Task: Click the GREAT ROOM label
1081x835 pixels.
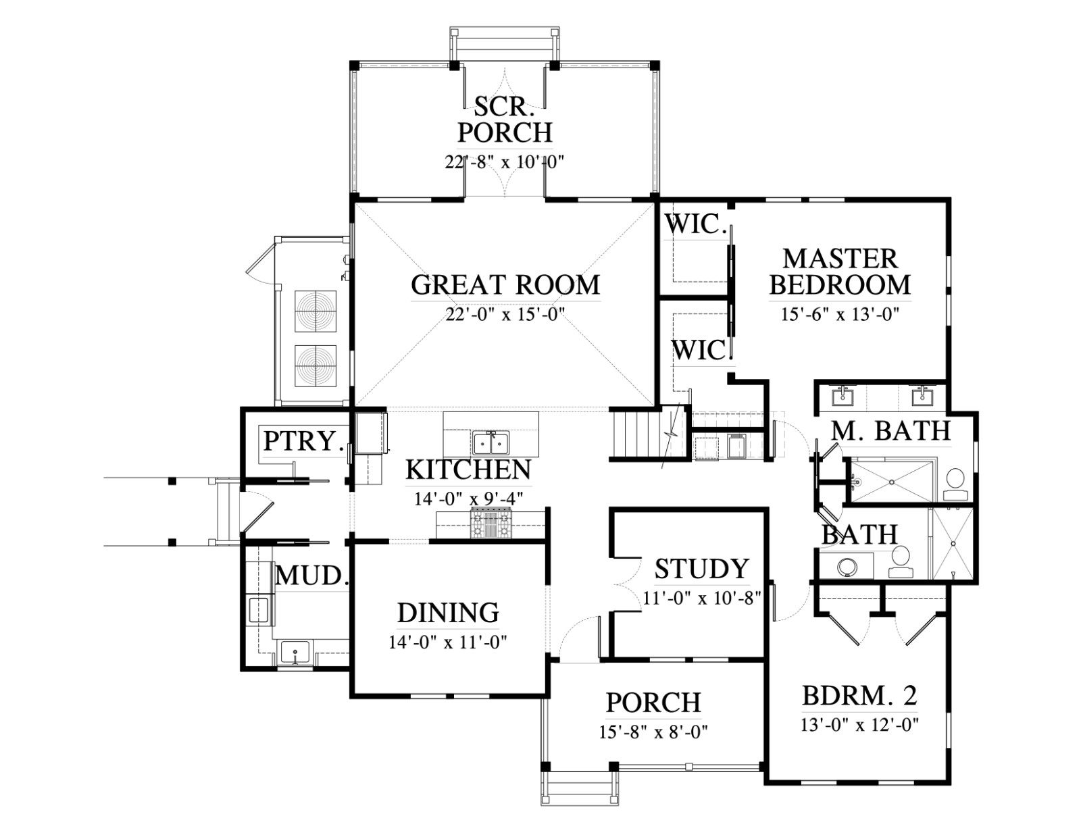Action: click(x=505, y=285)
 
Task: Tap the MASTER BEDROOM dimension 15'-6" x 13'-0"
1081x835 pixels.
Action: click(x=840, y=315)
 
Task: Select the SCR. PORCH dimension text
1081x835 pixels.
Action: click(x=505, y=162)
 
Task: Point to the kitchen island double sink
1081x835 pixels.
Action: click(x=491, y=444)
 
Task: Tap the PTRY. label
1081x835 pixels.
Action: click(x=303, y=440)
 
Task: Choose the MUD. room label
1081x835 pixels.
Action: click(x=311, y=576)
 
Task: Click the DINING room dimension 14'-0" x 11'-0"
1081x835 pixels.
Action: click(x=448, y=642)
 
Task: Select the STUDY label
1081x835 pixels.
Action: click(x=701, y=569)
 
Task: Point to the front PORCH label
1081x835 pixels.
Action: click(x=653, y=703)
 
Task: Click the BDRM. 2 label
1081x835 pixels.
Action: click(x=859, y=696)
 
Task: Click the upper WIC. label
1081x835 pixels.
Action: click(x=695, y=224)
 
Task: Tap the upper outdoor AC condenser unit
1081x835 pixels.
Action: click(x=316, y=311)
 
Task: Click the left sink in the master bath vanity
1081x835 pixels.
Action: click(x=843, y=397)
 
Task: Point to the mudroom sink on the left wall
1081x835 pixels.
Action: click(x=258, y=609)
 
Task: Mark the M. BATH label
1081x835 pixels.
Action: click(x=891, y=431)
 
